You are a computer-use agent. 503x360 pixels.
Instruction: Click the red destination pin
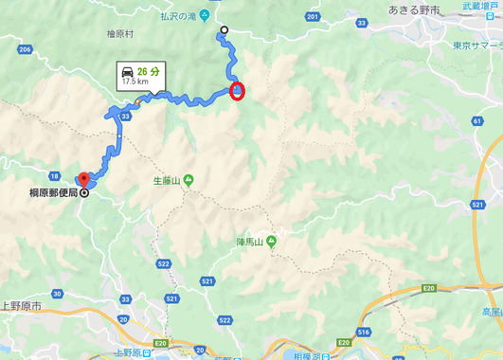click(82, 179)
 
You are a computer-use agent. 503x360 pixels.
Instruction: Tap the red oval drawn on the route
click(237, 91)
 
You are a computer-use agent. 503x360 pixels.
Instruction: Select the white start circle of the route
click(225, 30)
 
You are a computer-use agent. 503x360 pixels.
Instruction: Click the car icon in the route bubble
click(126, 70)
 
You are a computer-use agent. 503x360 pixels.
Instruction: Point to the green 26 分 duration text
click(147, 70)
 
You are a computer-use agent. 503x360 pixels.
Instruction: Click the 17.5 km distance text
click(132, 81)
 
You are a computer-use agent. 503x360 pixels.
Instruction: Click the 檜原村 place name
click(121, 32)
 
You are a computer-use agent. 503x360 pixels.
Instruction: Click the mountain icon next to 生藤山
click(189, 180)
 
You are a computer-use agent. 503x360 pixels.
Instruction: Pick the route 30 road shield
click(58, 295)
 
